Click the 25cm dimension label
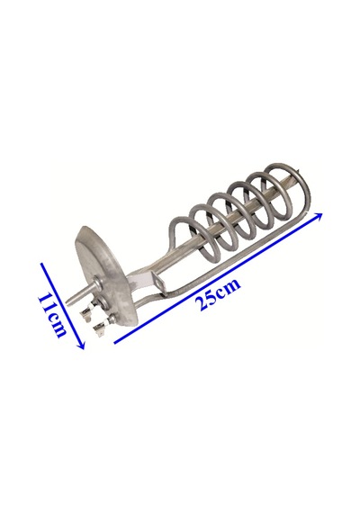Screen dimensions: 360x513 pos(218,294)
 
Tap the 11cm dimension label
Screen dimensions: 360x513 pos(51,316)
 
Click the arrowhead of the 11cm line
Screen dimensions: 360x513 pos(82,345)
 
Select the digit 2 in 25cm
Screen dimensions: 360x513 pos(201,304)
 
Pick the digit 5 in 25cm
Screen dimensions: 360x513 pos(211,297)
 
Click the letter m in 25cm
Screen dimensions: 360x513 pos(233,284)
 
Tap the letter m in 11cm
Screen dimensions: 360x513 pos(58,330)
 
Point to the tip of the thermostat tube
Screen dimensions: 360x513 pos(67,302)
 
